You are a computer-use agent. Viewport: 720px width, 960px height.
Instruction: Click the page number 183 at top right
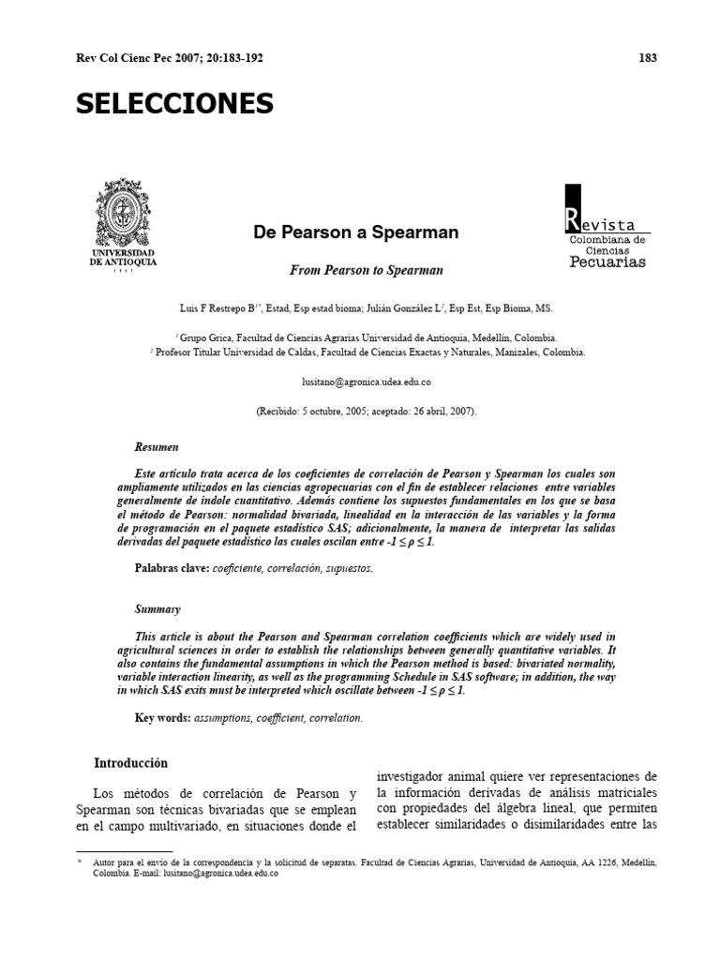pyautogui.click(x=648, y=57)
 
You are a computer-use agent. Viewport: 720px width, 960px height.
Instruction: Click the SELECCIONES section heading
pyautogui.click(x=174, y=103)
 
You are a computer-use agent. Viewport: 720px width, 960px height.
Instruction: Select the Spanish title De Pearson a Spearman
pyautogui.click(x=356, y=232)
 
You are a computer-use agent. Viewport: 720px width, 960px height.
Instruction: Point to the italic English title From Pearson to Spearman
pyautogui.click(x=366, y=270)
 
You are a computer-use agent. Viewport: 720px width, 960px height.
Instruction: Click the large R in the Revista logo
pyautogui.click(x=572, y=222)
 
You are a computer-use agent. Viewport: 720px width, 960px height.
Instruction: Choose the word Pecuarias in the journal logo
pyautogui.click(x=607, y=262)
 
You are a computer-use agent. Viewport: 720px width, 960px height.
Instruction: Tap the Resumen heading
pyautogui.click(x=157, y=448)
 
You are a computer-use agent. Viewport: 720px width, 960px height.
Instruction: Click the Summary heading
pyautogui.click(x=157, y=608)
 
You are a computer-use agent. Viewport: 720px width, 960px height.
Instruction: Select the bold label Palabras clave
pyautogui.click(x=172, y=569)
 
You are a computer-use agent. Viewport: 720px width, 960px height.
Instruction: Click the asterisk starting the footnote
pyautogui.click(x=80, y=859)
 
